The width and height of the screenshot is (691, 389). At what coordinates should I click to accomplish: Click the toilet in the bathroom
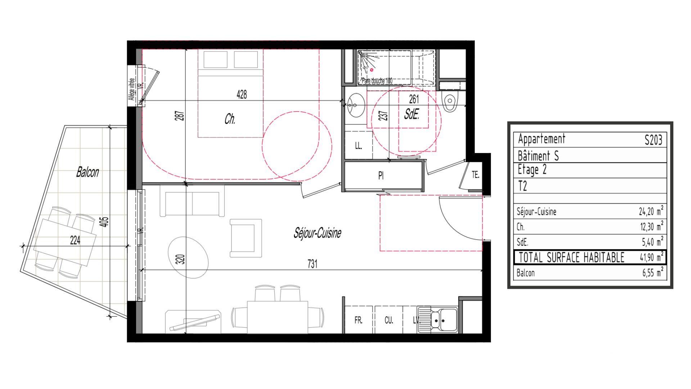450,102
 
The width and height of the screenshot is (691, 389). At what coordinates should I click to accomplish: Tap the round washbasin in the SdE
356,105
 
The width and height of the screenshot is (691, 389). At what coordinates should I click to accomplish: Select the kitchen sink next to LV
438,319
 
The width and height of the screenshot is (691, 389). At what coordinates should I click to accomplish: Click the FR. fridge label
358,320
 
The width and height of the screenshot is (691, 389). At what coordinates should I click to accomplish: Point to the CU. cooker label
389,320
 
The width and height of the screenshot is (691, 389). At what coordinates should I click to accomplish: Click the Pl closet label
381,176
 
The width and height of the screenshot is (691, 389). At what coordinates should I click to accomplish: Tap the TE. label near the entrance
475,175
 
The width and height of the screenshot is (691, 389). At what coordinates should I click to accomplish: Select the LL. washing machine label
358,146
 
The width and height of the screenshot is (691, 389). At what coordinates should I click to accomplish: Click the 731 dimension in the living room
312,264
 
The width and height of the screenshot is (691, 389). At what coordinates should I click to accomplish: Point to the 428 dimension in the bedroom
242,94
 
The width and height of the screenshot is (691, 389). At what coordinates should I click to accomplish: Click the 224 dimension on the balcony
75,240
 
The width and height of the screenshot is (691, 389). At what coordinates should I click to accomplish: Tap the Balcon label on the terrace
87,172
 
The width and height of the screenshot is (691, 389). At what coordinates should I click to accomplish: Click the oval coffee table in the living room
188,257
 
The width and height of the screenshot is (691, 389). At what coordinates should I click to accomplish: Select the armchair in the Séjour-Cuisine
246,238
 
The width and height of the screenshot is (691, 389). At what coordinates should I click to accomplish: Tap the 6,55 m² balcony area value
652,273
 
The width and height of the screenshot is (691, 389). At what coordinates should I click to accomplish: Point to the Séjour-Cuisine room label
317,233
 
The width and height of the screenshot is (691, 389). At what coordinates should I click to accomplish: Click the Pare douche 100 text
377,81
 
